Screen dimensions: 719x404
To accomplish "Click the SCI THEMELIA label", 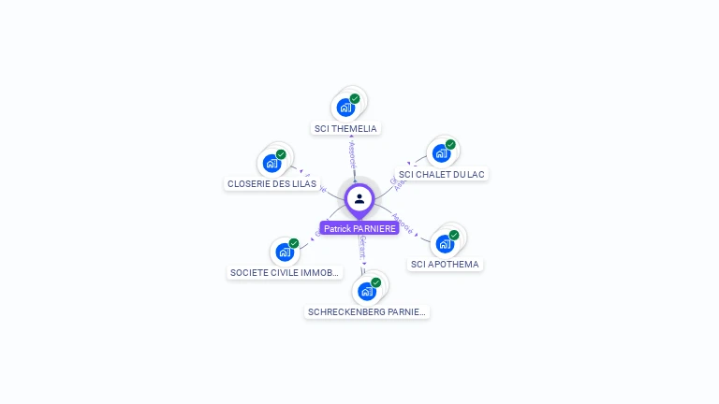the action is tap(346, 128).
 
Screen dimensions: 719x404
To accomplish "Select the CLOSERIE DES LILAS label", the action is tap(271, 183).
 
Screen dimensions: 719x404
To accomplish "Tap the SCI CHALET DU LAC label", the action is tap(442, 174).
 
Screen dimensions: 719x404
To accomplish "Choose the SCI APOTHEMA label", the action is tap(445, 264).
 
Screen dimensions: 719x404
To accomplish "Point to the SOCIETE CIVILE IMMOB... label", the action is tap(285, 273).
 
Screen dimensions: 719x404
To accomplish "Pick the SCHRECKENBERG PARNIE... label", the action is tap(367, 311).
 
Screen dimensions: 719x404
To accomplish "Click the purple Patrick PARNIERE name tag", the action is tap(359, 228).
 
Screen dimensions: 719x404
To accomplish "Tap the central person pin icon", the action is tap(359, 198).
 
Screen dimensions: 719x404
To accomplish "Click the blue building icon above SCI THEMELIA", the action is tap(345, 107).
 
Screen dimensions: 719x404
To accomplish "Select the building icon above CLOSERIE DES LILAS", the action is tap(271, 164).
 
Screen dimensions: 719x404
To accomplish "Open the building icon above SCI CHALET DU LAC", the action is tap(441, 153).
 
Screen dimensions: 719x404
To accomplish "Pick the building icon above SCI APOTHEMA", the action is tap(445, 243).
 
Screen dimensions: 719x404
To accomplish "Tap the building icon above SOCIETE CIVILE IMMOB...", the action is tap(285, 252).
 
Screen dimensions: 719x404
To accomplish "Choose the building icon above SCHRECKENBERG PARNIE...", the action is tap(367, 291).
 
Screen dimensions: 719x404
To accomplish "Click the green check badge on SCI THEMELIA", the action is tap(355, 98).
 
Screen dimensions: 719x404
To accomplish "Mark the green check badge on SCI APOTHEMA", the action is tap(454, 235).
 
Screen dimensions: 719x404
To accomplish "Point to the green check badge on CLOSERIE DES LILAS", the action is tap(281, 154).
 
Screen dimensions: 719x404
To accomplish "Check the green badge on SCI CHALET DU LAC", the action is tap(450, 145).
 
